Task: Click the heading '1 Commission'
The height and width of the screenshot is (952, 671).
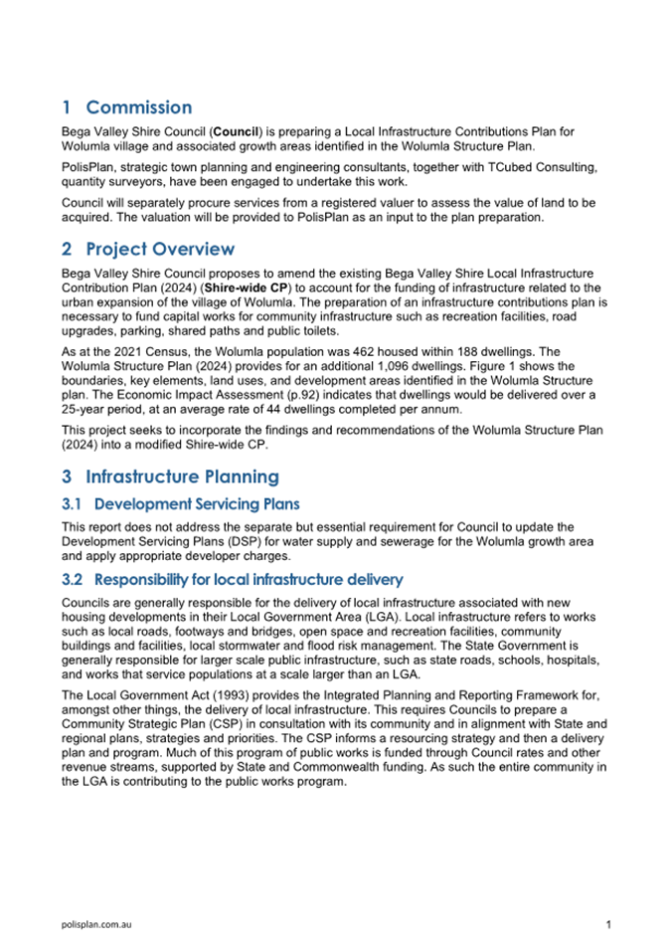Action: [126, 107]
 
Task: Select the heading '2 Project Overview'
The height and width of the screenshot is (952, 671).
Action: [148, 249]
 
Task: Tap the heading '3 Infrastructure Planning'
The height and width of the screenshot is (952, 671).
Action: [170, 476]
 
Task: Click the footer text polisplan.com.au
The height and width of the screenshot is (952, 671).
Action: [97, 925]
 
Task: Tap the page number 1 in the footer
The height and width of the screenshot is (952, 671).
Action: [607, 925]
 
